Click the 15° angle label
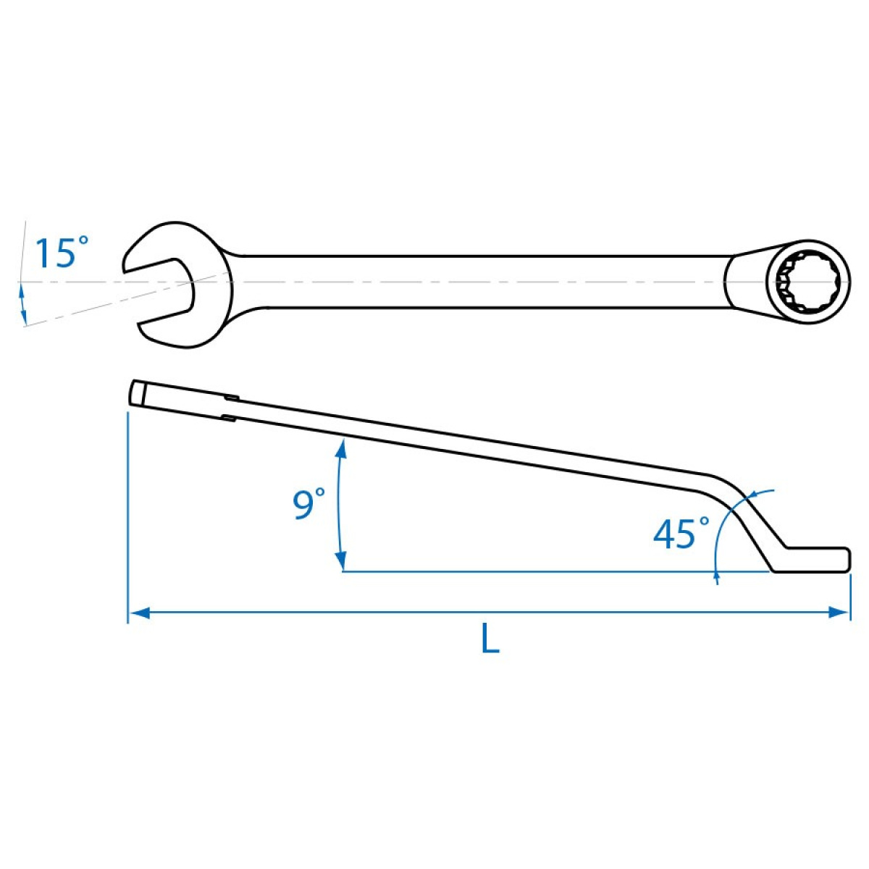tap(62, 253)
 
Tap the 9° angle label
tap(309, 503)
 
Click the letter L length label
tap(490, 638)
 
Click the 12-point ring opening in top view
tap(809, 282)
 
